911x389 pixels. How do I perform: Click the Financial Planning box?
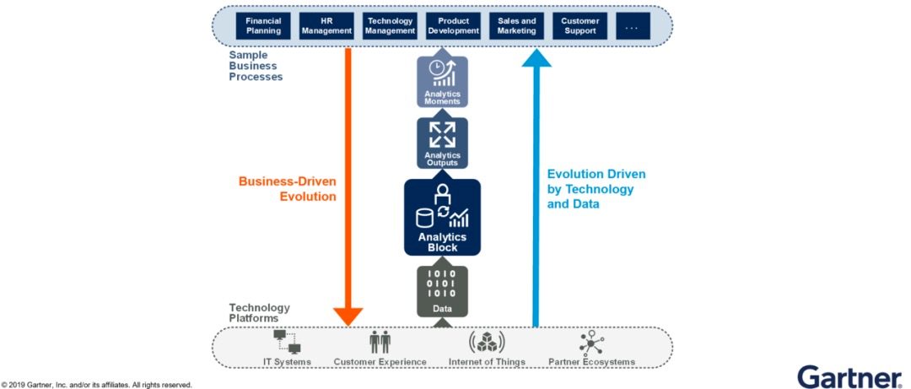point(263,25)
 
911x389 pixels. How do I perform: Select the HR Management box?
point(326,25)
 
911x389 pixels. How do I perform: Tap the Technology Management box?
point(390,25)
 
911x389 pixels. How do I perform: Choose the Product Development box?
point(453,25)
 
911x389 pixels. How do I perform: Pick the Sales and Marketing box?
point(516,25)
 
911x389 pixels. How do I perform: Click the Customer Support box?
point(579,25)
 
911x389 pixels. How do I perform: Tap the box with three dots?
point(632,25)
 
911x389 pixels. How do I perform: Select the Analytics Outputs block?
point(443,143)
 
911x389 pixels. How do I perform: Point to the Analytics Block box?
point(443,217)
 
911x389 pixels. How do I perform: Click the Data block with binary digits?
point(443,291)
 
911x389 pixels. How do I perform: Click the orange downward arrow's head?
point(348,316)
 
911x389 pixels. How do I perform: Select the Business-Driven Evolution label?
point(288,188)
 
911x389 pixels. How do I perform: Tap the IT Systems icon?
point(287,342)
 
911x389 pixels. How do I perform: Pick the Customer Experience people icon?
point(380,342)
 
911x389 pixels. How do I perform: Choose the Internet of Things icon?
point(487,342)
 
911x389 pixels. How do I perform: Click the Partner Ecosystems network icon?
point(590,342)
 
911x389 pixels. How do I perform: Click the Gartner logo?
point(849,376)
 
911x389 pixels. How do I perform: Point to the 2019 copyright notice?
point(97,385)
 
